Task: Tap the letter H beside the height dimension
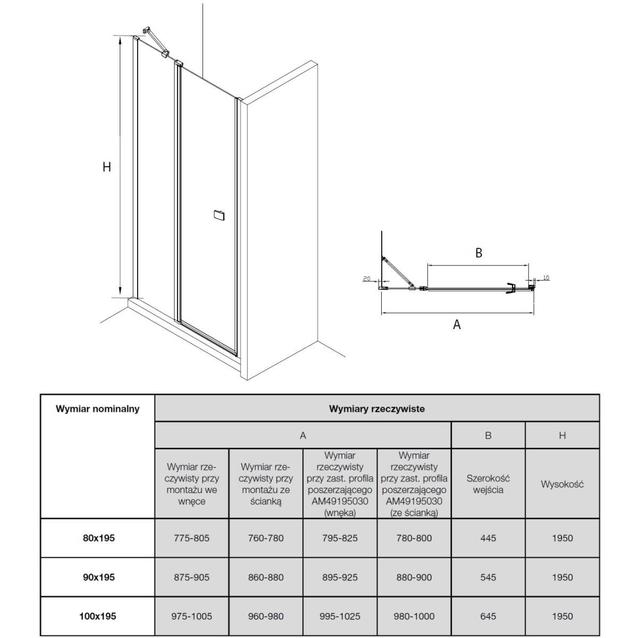click(x=107, y=166)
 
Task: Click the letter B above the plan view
click(x=478, y=253)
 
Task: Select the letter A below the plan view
click(x=457, y=324)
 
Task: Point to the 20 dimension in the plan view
click(x=366, y=278)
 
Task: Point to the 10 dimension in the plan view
click(x=547, y=278)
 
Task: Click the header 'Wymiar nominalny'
click(x=98, y=409)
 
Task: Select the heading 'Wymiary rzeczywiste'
click(x=376, y=409)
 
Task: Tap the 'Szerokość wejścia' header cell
click(x=488, y=484)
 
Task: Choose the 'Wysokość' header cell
click(x=562, y=484)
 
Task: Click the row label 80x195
click(x=99, y=538)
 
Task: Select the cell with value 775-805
click(x=192, y=538)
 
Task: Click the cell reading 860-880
click(x=266, y=577)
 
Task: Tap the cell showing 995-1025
click(x=340, y=617)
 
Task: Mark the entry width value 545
click(x=488, y=577)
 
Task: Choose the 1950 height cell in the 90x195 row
click(x=562, y=577)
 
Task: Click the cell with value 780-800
click(x=414, y=538)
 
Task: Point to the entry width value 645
click(x=488, y=617)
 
